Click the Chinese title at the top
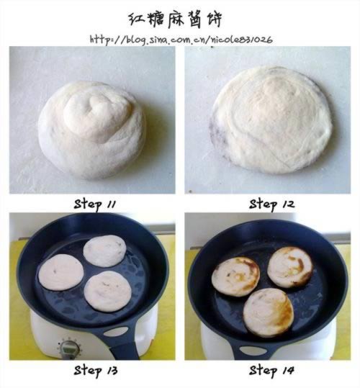[176, 19]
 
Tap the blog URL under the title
[181, 40]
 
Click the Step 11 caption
[95, 204]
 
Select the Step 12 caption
[271, 204]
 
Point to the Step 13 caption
[96, 371]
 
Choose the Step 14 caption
[271, 371]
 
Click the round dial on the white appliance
[69, 349]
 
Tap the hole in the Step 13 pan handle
[116, 332]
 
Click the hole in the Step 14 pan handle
[253, 351]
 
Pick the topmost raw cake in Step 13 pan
[104, 251]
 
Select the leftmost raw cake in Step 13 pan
[61, 272]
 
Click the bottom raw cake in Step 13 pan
[107, 291]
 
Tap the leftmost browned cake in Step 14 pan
[235, 276]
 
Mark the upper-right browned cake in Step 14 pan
[290, 267]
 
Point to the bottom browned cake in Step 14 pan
[269, 312]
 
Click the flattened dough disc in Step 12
[271, 120]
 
